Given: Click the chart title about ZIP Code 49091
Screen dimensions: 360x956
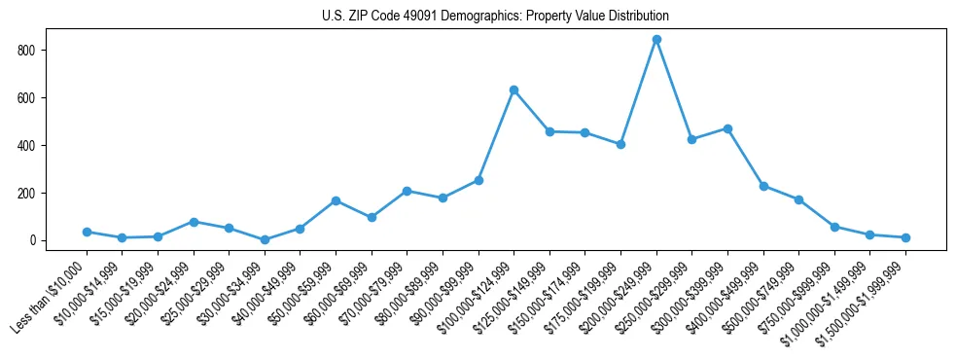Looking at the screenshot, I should (x=495, y=16).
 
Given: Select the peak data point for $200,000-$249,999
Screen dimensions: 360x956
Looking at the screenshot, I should (x=656, y=40).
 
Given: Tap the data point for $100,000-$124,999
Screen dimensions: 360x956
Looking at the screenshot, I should (x=513, y=90).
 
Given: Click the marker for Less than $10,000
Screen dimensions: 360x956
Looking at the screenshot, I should (x=87, y=232).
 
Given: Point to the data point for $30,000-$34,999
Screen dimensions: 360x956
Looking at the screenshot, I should (x=265, y=239).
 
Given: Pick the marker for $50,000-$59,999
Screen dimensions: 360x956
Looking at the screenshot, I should (x=336, y=200).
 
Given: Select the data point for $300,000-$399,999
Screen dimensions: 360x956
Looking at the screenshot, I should (x=727, y=128).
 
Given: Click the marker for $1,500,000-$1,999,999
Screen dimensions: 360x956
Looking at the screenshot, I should (x=905, y=237).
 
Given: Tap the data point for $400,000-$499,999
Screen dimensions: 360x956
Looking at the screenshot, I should (x=763, y=186).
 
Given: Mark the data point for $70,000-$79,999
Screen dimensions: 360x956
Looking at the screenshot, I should (x=407, y=191).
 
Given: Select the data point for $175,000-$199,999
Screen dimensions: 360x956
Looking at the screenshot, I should (x=620, y=144).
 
